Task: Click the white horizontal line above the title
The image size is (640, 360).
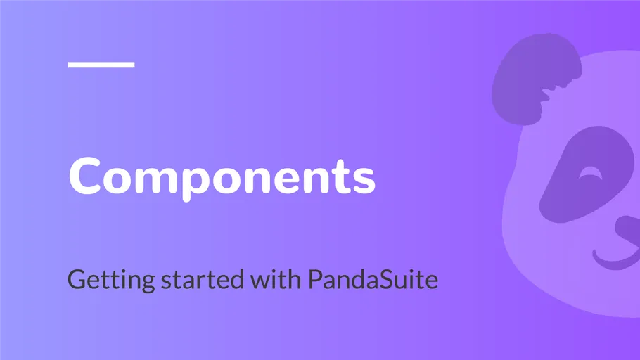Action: pos(101,64)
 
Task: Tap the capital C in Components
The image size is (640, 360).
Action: pos(85,176)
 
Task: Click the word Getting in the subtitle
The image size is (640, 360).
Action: pos(111,281)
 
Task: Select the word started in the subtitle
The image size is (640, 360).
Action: pos(203,280)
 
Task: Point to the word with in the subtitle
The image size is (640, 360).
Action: pos(276,279)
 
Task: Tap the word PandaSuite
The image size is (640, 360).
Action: pos(373,279)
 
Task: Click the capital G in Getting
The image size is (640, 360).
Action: pos(77,280)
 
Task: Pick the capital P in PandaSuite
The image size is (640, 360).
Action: pos(315,280)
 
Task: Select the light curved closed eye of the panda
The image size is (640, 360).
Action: pos(590,173)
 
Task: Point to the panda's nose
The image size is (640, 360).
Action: pos(629,230)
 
